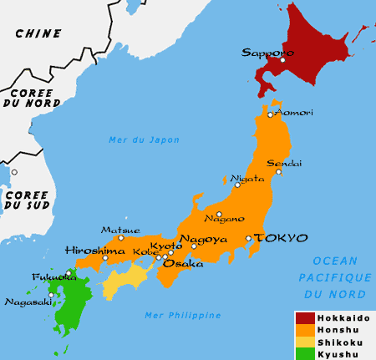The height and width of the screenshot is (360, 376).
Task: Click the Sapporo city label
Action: (x=262, y=52)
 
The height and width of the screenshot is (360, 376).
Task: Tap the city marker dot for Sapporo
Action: (x=282, y=60)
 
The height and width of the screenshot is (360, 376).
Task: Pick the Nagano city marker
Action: (x=219, y=214)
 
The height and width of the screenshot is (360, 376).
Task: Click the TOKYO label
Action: (x=281, y=238)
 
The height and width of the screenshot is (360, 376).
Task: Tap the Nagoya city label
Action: (x=203, y=238)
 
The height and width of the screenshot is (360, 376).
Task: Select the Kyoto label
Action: (x=166, y=246)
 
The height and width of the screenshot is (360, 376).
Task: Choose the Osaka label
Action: (x=182, y=263)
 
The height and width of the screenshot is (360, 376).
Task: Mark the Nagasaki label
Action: (x=22, y=302)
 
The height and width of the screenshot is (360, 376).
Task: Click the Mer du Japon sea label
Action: (x=144, y=139)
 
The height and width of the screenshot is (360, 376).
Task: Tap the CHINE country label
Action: (x=38, y=33)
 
